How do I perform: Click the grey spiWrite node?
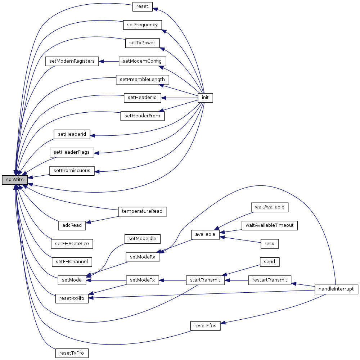point(15,180)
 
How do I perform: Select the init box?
point(205,98)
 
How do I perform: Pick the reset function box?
point(142,6)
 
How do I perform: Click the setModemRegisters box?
point(72,61)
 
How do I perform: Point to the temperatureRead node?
point(142,211)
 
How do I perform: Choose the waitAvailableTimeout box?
point(270,225)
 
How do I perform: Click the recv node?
point(270,244)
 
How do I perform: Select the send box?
point(270,262)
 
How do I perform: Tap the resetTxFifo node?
point(72,353)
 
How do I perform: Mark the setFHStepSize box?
point(72,244)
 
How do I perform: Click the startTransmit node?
point(205,280)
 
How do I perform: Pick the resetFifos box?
point(205,326)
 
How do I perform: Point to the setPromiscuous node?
point(72,171)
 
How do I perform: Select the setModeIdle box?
point(142,239)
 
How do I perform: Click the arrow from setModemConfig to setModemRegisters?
point(109,62)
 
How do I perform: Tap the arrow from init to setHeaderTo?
point(179,98)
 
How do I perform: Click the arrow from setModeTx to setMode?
point(106,280)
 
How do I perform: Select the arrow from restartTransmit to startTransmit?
point(237,280)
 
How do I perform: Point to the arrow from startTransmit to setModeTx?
point(172,280)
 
